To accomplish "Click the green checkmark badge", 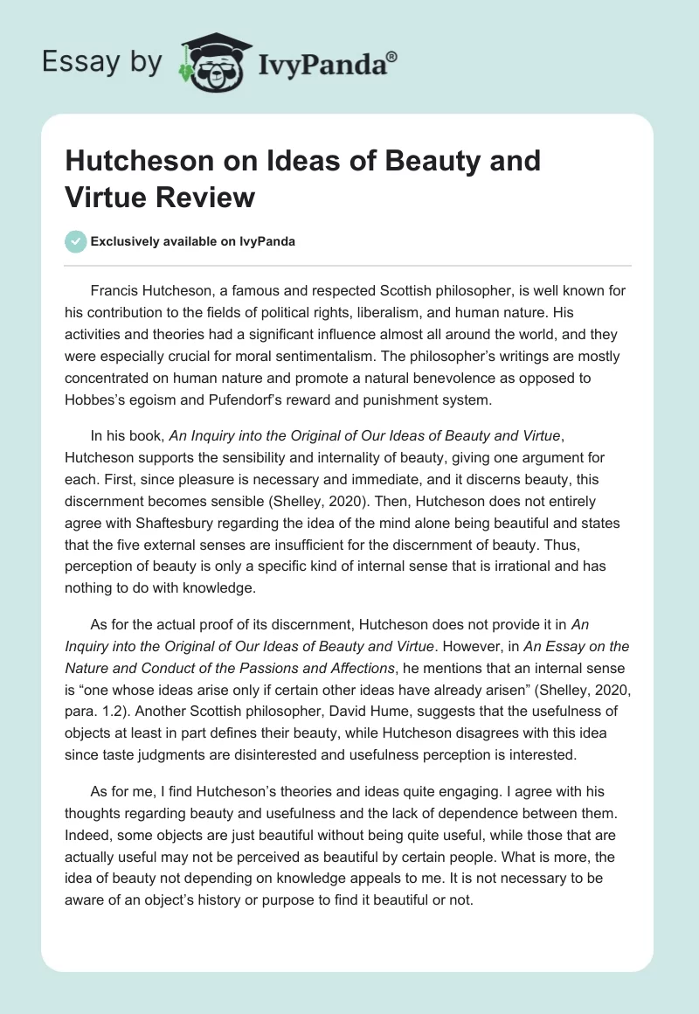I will [x=75, y=241].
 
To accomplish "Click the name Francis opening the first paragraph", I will [x=114, y=290].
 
